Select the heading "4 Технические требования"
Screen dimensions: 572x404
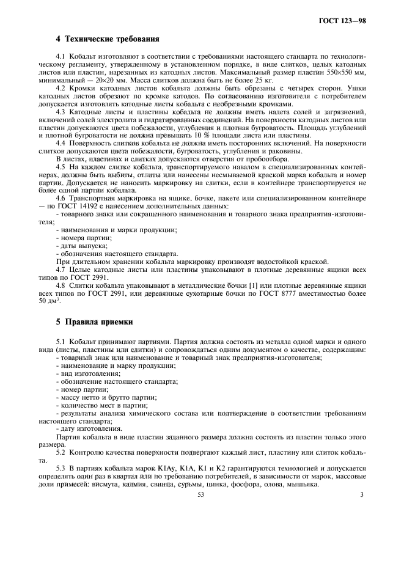pyautogui.click(x=108, y=40)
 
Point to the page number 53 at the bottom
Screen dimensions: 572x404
pyautogui.click(x=200, y=495)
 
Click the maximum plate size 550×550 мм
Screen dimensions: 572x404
pyautogui.click(x=345, y=73)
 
